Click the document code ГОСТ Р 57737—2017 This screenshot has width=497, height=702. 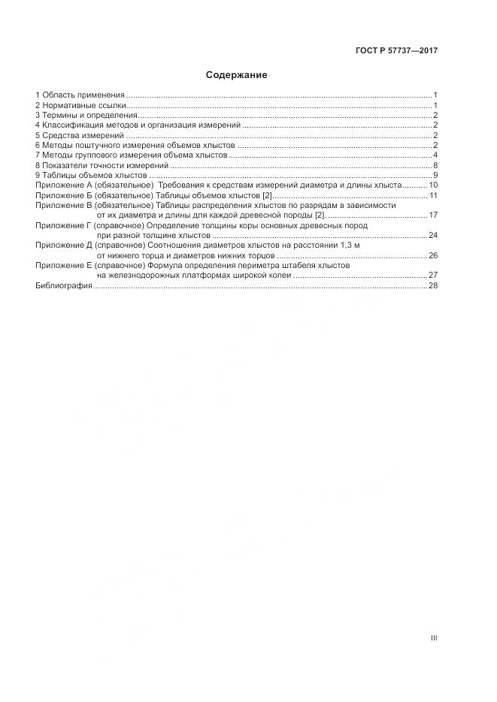(x=395, y=51)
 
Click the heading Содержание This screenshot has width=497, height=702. (x=237, y=75)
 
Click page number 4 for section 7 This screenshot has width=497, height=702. (x=435, y=155)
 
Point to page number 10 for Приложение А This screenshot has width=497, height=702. (x=433, y=185)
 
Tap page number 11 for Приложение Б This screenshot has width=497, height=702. (x=433, y=195)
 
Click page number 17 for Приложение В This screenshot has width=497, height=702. (x=433, y=215)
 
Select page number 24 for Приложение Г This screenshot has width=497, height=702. (x=433, y=236)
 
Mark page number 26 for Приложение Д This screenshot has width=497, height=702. (x=433, y=256)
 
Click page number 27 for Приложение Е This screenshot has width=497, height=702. (x=433, y=276)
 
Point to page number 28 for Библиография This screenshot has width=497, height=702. (x=433, y=286)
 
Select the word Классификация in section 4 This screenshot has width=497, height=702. (x=74, y=125)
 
